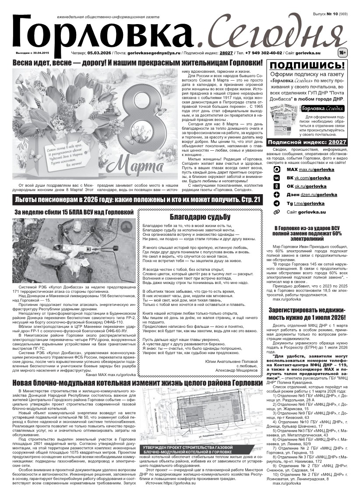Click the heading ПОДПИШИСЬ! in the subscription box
[x=309, y=66]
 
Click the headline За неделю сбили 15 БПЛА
[x=74, y=212]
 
